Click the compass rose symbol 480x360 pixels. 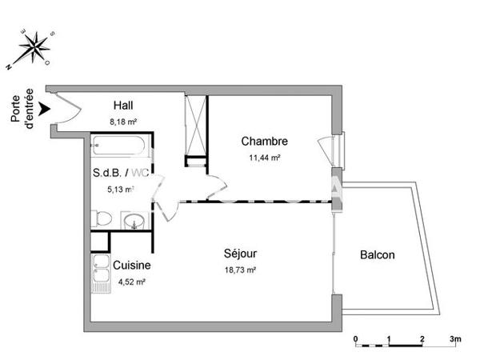34,46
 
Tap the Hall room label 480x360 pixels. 123,106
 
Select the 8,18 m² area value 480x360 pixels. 124,122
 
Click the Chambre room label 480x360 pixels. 264,142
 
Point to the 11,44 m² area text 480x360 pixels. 265,158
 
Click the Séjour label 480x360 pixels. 240,254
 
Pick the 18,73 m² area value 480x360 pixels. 240,270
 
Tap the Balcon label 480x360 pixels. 377,255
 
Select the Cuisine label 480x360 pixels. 132,265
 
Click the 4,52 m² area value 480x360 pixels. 132,281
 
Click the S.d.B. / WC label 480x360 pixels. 122,173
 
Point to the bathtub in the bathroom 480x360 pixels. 118,147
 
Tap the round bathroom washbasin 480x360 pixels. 135,220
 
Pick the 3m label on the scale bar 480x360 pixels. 455,339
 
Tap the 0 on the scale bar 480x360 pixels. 355,339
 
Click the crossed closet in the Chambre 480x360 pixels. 196,128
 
